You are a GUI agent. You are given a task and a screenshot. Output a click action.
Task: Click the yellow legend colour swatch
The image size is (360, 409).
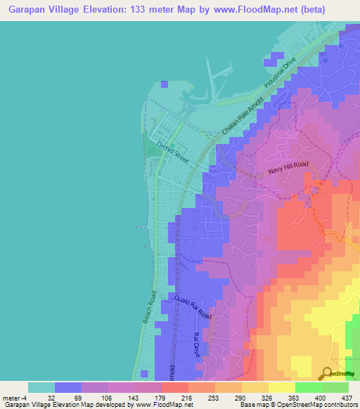pyautogui.click(x=282, y=387)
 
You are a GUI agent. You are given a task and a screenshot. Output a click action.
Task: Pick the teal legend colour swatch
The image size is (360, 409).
pyautogui.click(x=41, y=387)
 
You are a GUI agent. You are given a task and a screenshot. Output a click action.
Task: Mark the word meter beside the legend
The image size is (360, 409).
pyautogui.click(x=12, y=397)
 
